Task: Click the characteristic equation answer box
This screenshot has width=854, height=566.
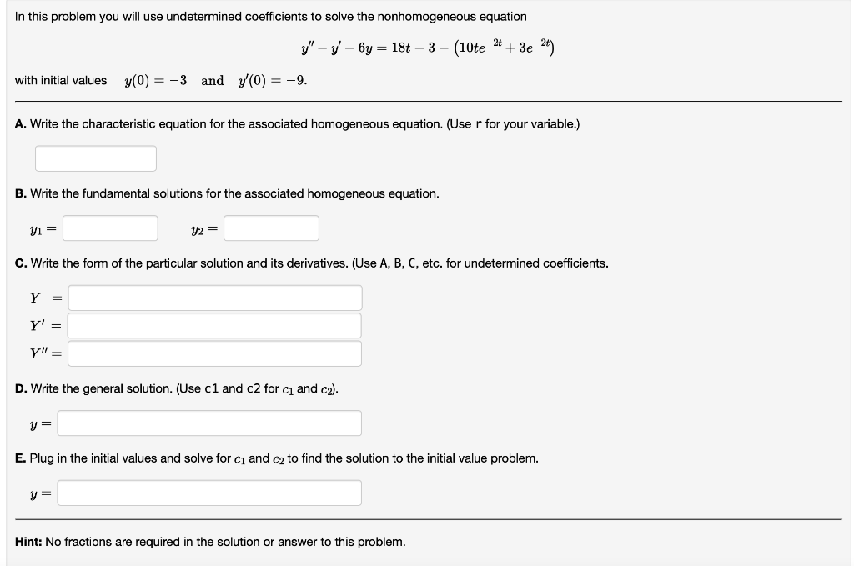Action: [96, 158]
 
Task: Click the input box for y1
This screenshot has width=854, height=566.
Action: [111, 228]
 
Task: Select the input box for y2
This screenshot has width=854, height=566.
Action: [271, 228]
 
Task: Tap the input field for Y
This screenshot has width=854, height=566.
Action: [215, 298]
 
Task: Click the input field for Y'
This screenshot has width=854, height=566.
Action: [215, 326]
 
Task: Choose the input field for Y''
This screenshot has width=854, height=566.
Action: [215, 353]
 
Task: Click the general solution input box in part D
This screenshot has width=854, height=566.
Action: [209, 423]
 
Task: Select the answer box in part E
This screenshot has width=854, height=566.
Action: [209, 493]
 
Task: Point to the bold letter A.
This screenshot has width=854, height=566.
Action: [20, 124]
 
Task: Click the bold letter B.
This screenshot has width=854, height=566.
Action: [20, 193]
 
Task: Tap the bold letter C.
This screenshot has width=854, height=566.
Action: [20, 263]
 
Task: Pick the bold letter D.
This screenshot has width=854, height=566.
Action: [20, 388]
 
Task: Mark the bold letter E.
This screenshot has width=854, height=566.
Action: [20, 458]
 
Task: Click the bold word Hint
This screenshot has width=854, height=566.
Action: [28, 542]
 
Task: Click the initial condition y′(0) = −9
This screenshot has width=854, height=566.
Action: [275, 81]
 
